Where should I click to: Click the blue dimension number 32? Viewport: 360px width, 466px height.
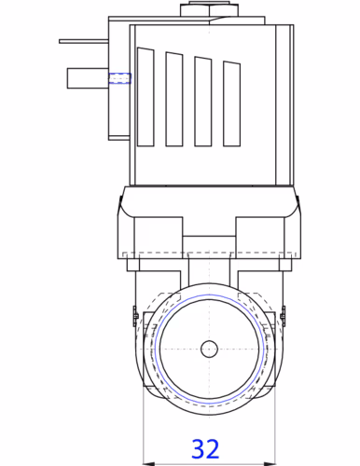coord(205,449)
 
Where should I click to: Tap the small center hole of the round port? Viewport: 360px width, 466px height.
coord(209,349)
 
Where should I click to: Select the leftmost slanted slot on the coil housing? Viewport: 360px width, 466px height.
coord(145,97)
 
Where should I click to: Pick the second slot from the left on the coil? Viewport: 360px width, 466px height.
coord(174,99)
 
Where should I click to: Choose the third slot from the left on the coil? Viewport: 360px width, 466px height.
coord(203,102)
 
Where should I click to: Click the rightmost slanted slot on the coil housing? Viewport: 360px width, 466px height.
coord(231,103)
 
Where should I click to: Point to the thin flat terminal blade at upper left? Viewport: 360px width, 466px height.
coord(84,41)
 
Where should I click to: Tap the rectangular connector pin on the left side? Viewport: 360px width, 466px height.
coord(88,78)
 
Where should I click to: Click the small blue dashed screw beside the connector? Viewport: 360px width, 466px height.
coord(120,78)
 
